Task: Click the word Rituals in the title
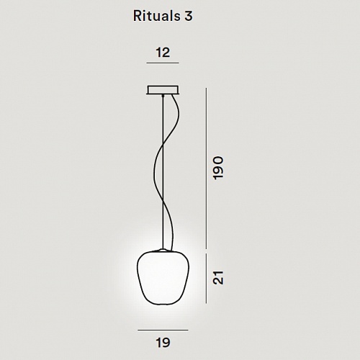pyautogui.click(x=157, y=16)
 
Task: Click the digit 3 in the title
pyautogui.click(x=189, y=17)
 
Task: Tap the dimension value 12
pyautogui.click(x=163, y=53)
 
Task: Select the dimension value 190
pyautogui.click(x=218, y=168)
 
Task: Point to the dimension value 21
pyautogui.click(x=218, y=278)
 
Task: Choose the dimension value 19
pyautogui.click(x=163, y=342)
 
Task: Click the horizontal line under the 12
pyautogui.click(x=163, y=63)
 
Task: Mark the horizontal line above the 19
pyautogui.click(x=163, y=330)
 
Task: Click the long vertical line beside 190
pyautogui.click(x=206, y=168)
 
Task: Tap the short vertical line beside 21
pyautogui.click(x=206, y=279)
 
